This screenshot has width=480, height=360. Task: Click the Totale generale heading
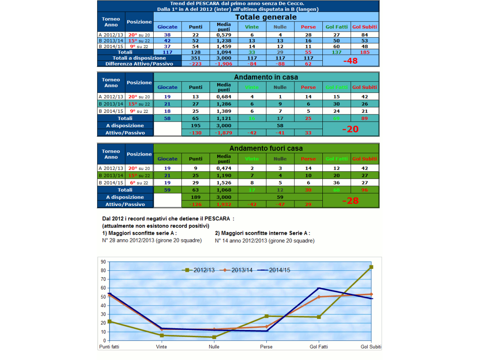pos(266,17)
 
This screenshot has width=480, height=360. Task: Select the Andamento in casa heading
pos(266,77)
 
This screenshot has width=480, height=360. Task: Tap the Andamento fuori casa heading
pos(266,148)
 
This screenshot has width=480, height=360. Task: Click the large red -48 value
pos(350,61)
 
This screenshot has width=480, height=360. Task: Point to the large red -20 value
pos(350,129)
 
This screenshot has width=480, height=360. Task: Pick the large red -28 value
pos(350,201)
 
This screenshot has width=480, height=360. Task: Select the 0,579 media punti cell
pos(224,35)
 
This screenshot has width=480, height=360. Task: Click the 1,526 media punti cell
pos(224,182)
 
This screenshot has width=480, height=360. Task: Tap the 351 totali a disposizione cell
pos(196,58)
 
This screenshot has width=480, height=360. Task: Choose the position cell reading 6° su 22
pos(139,182)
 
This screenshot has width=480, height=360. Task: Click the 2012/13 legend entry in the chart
pos(200,270)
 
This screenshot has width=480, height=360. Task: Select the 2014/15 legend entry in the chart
pos(276,270)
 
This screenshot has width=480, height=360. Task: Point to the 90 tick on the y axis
pos(103,262)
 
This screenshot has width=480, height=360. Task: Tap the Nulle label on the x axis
pos(214,347)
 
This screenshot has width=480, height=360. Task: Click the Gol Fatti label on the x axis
pos(319,347)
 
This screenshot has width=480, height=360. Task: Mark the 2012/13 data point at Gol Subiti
pos(371,267)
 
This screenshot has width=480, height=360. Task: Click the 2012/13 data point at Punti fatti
pos(109,321)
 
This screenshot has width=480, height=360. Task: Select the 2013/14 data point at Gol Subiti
pos(371,294)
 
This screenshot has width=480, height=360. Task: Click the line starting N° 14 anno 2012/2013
pos(264,241)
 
